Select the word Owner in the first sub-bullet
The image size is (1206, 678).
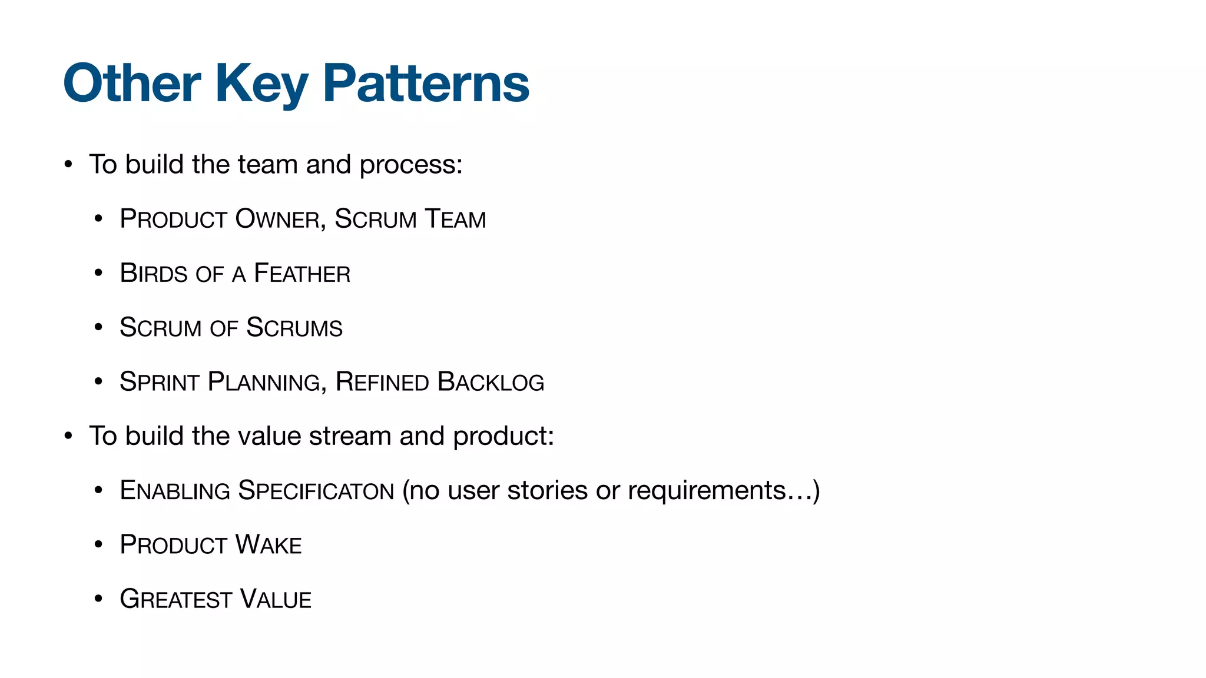pos(277,219)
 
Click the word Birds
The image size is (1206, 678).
pos(154,274)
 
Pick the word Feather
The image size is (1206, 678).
pos(301,274)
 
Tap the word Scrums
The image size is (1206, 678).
pos(294,328)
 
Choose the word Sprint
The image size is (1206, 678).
pos(160,382)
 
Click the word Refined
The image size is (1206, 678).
pos(382,382)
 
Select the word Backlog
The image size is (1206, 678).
pos(491,382)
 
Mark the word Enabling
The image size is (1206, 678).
pos(174,491)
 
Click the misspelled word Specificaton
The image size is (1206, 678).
pos(316,491)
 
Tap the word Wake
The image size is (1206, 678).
pos(269,545)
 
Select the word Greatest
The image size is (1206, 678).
pos(175,600)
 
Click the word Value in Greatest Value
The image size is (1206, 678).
pos(276,600)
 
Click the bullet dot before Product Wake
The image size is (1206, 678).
pos(98,545)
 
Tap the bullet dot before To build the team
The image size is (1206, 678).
pos(68,165)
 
